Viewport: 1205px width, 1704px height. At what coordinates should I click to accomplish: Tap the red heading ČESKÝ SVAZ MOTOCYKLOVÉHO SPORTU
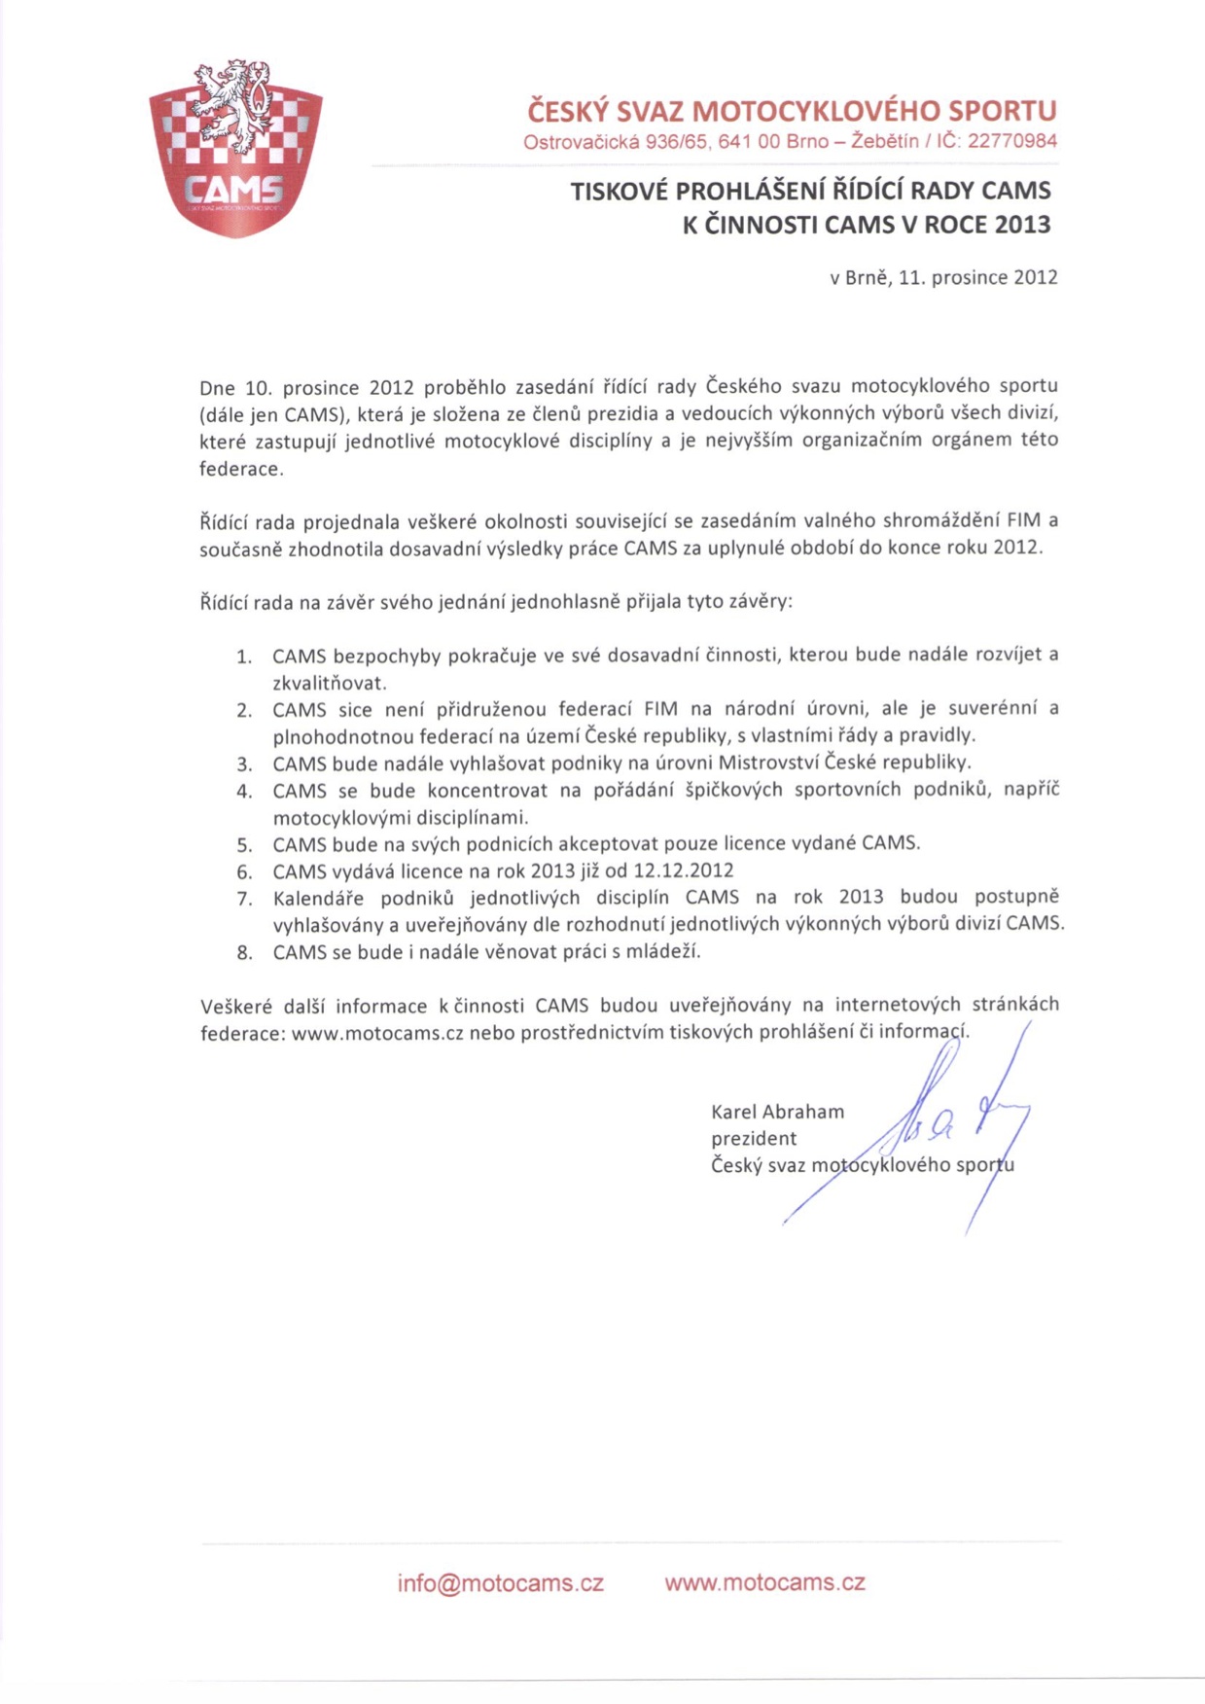(x=792, y=111)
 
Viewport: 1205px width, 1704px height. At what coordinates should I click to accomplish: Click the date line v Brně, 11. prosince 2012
(x=943, y=278)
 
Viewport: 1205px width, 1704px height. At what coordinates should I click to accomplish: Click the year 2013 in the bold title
(x=1023, y=226)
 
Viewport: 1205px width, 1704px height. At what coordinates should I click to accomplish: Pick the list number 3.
(x=244, y=763)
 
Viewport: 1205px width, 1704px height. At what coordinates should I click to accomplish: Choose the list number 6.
(x=244, y=871)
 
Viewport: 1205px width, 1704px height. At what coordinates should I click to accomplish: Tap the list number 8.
(x=244, y=953)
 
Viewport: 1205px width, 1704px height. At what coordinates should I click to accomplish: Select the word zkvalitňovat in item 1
(x=329, y=683)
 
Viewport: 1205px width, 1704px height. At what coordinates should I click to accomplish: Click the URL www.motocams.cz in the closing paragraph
(x=377, y=1034)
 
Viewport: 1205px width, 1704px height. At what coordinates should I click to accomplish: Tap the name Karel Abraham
(x=777, y=1112)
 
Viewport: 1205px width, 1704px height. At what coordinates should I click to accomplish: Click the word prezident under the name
(x=754, y=1139)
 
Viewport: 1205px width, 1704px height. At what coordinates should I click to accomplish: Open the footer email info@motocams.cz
(x=500, y=1583)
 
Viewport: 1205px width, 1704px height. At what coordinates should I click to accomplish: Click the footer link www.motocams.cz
(x=764, y=1582)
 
